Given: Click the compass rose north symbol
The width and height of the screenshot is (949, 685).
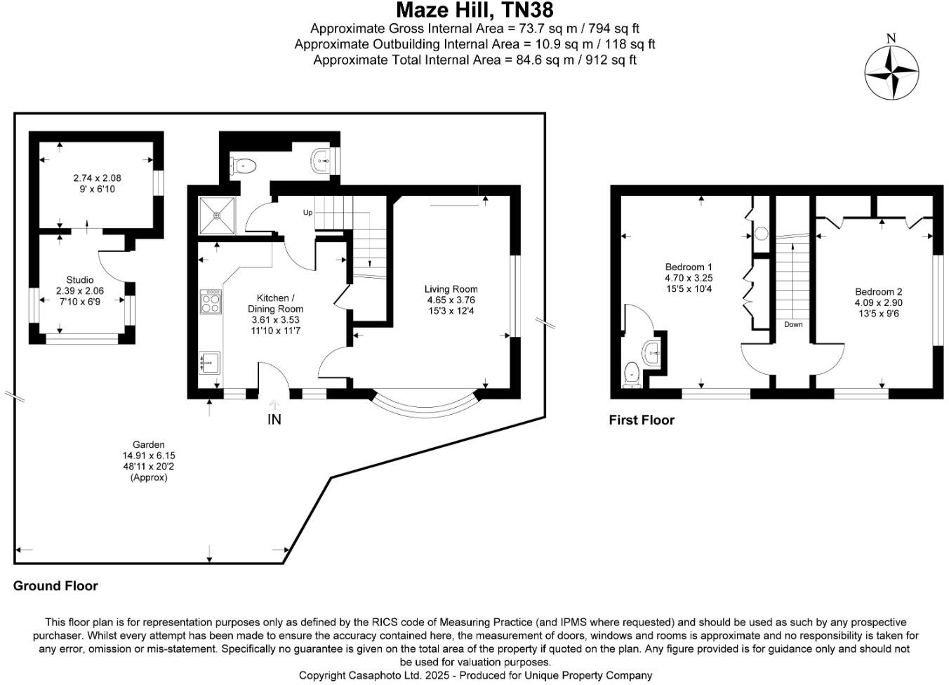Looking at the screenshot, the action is pos(891,72).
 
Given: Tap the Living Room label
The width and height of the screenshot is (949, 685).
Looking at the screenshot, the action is pos(451,289).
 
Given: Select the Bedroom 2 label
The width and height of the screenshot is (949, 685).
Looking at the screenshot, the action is pos(878,291).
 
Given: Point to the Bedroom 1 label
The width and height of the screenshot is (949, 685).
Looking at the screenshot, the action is pos(689,267).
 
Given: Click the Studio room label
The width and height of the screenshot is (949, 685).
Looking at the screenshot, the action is pos(79,279).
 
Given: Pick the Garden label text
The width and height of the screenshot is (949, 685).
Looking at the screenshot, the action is pos(148,444).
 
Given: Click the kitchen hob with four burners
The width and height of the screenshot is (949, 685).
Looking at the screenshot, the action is pos(211,301).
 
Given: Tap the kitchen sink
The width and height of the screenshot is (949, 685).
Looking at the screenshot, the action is pos(209,363).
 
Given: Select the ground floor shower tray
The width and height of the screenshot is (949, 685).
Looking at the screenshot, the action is pos(217,215).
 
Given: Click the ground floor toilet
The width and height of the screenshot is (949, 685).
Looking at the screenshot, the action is pos(243,166).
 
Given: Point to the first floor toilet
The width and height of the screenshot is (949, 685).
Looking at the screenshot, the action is pos(632,375).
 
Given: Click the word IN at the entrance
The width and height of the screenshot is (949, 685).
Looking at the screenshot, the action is pos(274,420).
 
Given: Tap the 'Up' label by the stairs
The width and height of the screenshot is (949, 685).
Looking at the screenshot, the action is pos(307,212).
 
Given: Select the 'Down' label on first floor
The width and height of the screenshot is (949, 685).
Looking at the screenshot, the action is pos(793,324).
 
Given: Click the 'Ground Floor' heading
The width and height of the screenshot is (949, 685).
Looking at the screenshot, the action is pos(55,586).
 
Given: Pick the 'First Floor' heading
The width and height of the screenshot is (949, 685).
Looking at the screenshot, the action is pos(642,420).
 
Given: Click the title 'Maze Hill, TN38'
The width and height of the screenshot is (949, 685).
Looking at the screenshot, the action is pos(474,10).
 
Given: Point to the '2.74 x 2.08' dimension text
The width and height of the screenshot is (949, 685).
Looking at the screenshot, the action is pos(97,178).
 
